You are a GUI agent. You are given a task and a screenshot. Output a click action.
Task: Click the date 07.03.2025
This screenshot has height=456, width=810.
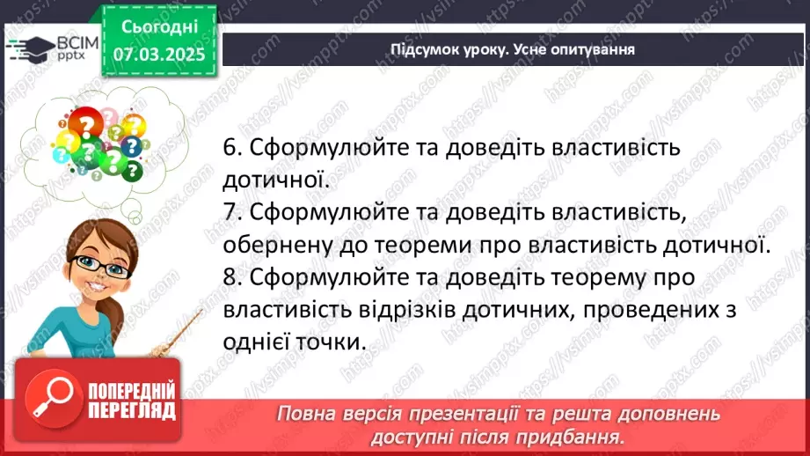point(158,54)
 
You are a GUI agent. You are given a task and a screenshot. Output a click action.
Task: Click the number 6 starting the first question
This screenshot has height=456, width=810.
point(230,149)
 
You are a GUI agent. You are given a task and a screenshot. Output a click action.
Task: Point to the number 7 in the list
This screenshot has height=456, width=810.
point(230,212)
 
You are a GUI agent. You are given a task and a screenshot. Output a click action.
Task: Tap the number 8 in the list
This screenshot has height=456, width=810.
point(230,276)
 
